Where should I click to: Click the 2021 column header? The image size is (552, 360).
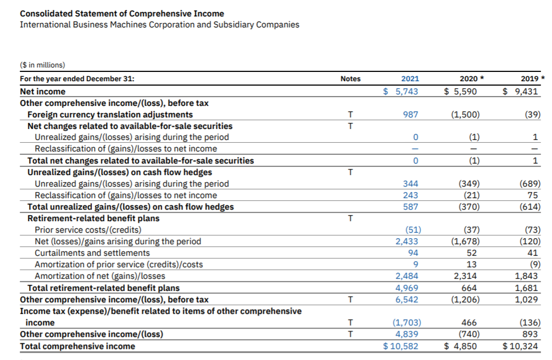point(410,78)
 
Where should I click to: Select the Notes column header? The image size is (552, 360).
point(350,78)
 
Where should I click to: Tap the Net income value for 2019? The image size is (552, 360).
point(521,91)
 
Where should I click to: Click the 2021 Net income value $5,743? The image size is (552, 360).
point(401,91)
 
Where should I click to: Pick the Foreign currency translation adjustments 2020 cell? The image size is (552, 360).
point(465,114)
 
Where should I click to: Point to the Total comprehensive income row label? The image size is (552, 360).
point(77,346)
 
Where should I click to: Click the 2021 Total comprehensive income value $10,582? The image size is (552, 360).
point(401,346)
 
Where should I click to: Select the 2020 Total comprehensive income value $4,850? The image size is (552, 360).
point(461,346)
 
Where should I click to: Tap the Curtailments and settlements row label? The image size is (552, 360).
point(92,252)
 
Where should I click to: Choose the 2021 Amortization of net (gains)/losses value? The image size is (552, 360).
point(407,275)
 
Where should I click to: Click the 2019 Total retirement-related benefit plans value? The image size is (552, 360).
point(528,288)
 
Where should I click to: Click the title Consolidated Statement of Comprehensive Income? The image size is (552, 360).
point(122,14)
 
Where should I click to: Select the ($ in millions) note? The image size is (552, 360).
point(42,65)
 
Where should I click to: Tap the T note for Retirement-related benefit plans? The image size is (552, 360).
point(350,218)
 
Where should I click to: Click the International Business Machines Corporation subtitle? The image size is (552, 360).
point(159,25)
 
